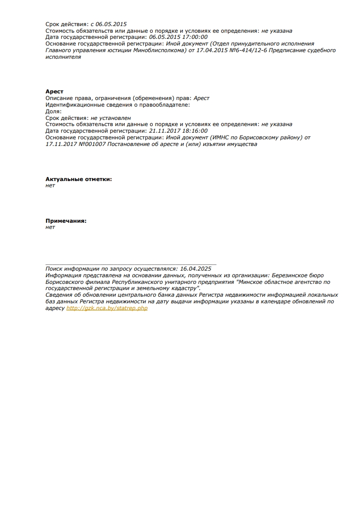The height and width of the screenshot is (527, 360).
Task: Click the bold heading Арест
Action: pyautogui.click(x=54, y=91)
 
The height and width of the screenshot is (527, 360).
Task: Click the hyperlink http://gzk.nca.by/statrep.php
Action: pyautogui.click(x=107, y=308)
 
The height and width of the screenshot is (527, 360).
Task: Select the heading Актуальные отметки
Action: pyautogui.click(x=79, y=179)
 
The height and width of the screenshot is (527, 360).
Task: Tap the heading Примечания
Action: pyautogui.click(x=66, y=221)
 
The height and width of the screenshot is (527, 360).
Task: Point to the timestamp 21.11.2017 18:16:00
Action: pyautogui.click(x=178, y=131)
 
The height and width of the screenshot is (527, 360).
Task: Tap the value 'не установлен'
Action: pyautogui.click(x=111, y=118)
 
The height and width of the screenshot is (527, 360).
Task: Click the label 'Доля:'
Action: pyautogui.click(x=54, y=111)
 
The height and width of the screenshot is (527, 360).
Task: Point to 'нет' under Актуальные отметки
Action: pyautogui.click(x=50, y=185)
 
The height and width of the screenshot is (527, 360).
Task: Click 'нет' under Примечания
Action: pyautogui.click(x=50, y=227)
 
